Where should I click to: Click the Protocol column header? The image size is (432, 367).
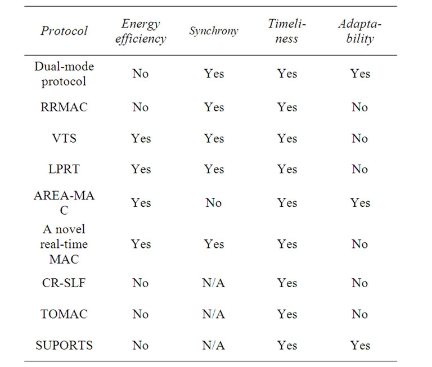point(64,30)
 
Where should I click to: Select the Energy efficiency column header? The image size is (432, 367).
point(141,31)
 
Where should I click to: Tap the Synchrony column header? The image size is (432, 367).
point(214,30)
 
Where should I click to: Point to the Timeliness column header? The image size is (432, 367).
point(287,31)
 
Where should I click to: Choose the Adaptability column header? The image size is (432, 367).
point(360,31)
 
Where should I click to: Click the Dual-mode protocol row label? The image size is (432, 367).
point(64,74)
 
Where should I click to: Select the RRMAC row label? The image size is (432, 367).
point(64,107)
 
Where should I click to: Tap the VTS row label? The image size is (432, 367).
point(64,138)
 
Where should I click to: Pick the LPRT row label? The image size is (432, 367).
point(64,169)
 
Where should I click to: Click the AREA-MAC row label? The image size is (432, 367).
point(64,202)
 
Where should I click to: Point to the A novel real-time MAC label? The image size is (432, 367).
point(64,244)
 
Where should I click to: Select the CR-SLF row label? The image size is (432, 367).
point(64,283)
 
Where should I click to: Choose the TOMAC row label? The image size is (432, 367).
point(64,314)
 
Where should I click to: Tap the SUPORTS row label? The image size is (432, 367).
point(64,345)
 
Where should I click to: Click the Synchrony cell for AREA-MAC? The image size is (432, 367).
point(214,202)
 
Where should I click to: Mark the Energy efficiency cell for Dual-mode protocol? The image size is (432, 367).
point(141,74)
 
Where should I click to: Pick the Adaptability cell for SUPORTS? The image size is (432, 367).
point(360,345)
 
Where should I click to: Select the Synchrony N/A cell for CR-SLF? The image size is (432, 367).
point(214,283)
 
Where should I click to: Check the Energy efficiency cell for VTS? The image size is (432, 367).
point(141,138)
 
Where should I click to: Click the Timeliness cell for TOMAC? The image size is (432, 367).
point(287,314)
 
